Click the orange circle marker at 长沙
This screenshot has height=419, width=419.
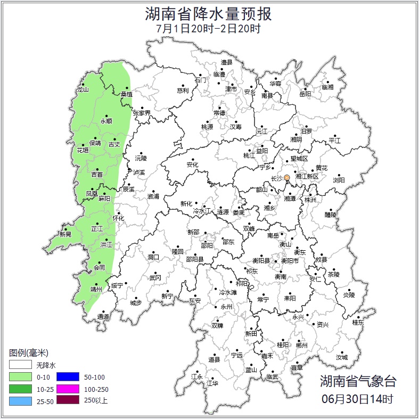tap(287, 177)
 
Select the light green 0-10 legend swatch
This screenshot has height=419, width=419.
tap(20, 376)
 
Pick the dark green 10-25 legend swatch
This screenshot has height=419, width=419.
tap(20, 389)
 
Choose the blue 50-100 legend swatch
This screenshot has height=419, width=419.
tap(68, 376)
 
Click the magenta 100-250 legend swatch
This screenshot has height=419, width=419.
tap(68, 389)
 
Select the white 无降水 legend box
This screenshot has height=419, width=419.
tap(20, 365)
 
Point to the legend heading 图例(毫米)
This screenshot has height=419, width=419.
tap(29, 353)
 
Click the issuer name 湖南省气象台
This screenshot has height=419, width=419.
tap(358, 381)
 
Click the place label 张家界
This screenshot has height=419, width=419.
tap(142, 113)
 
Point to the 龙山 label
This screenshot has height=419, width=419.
tap(83, 89)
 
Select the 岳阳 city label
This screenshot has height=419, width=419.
tap(305, 94)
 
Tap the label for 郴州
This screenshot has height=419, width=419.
tap(301, 345)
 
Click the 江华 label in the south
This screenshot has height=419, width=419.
tap(212, 383)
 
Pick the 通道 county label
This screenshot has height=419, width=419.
tap(103, 317)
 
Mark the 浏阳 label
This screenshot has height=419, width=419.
tap(339, 180)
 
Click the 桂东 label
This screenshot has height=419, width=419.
tap(358, 322)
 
